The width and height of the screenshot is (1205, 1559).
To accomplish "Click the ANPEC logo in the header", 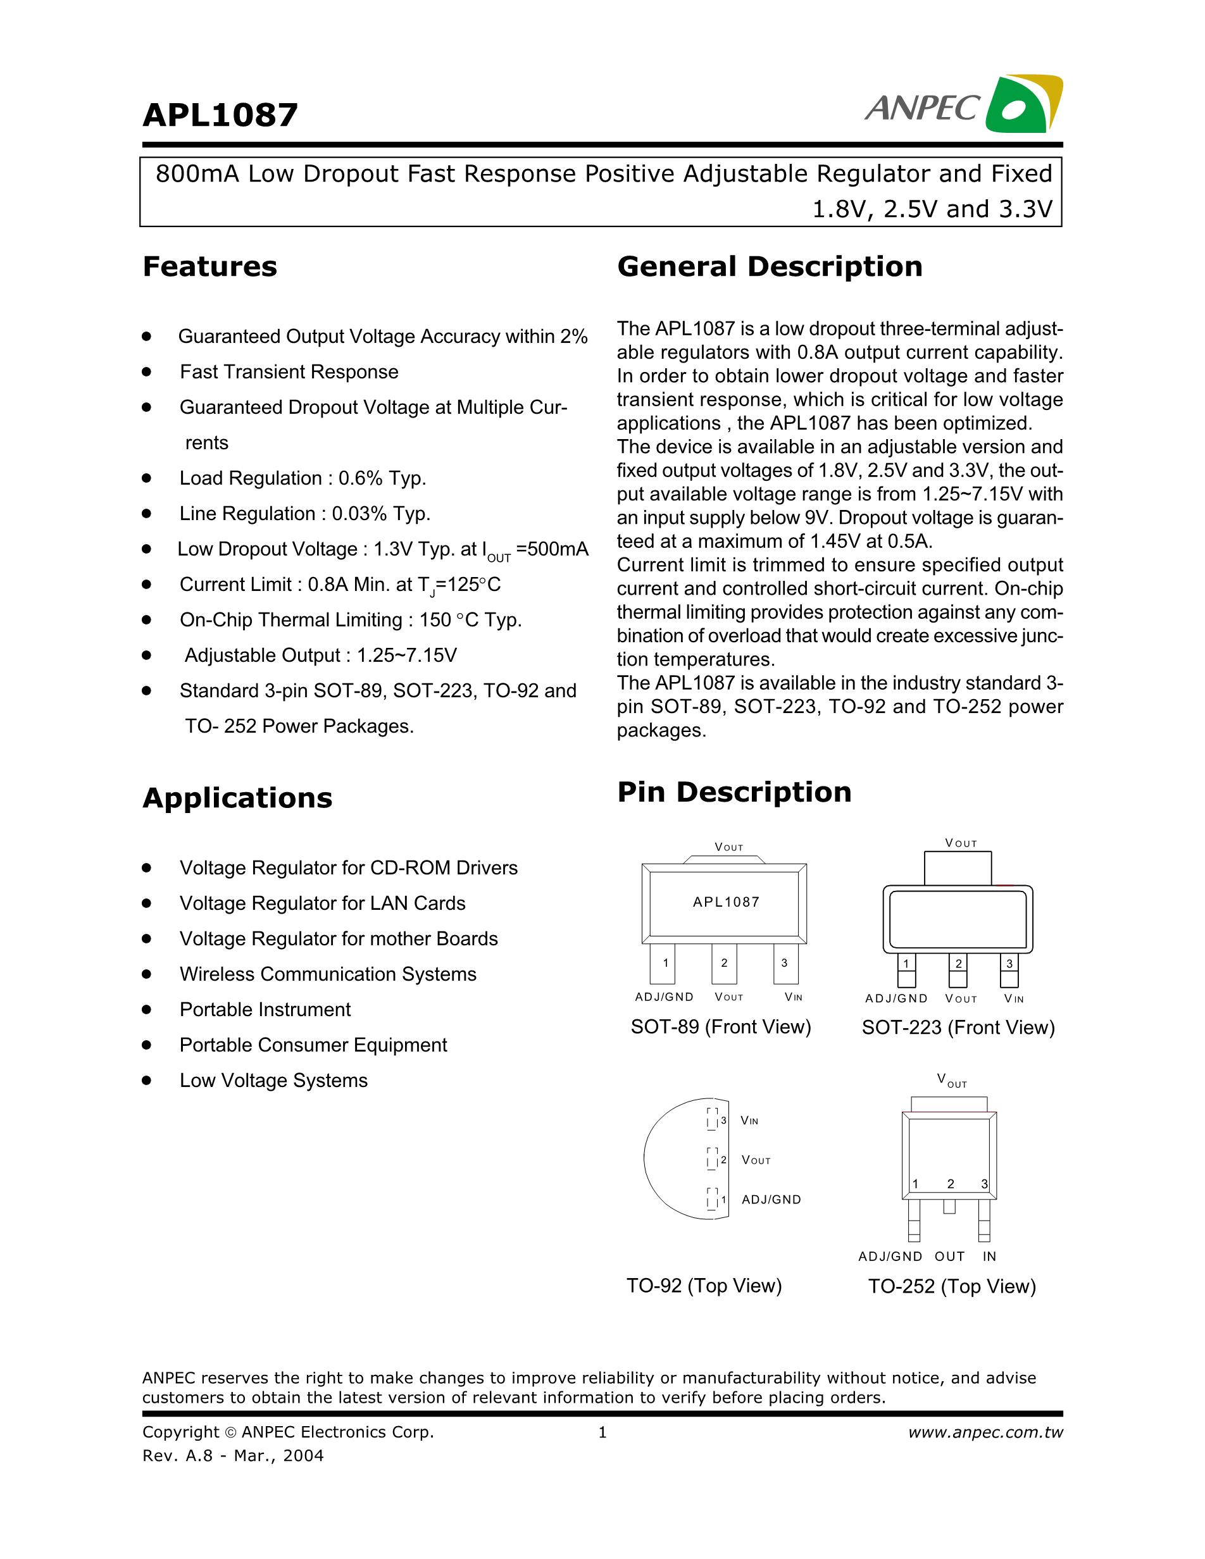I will click(963, 106).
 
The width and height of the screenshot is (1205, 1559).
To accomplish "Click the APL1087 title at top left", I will click(220, 115).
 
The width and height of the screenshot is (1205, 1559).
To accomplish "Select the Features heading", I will click(210, 266).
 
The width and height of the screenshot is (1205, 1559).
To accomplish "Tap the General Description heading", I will click(770, 266).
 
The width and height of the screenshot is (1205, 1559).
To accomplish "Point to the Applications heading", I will click(237, 797).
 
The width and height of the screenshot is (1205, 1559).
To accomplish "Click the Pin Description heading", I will click(734, 792).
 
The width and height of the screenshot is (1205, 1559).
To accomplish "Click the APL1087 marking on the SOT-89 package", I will click(725, 902).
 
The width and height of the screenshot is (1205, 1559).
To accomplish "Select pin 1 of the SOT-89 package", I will click(663, 963).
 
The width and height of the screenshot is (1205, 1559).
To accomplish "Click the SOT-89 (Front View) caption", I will click(721, 1026).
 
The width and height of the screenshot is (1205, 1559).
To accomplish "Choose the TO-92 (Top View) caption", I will click(704, 1286).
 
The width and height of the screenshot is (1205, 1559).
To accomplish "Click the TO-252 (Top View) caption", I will click(952, 1286).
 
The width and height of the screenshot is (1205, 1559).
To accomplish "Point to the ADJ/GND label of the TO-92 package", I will click(771, 1200).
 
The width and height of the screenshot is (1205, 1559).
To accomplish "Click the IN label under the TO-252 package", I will click(989, 1257).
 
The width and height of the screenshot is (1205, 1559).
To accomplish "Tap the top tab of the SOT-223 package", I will click(958, 868).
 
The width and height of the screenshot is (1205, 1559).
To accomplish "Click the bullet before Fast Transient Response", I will click(147, 371).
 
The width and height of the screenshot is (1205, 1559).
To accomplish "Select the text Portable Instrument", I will click(265, 1009).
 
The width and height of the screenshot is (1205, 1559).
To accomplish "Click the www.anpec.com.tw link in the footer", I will click(985, 1432).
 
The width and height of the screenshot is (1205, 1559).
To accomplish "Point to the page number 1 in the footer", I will click(602, 1432).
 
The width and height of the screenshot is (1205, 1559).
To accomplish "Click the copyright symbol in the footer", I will click(230, 1432).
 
